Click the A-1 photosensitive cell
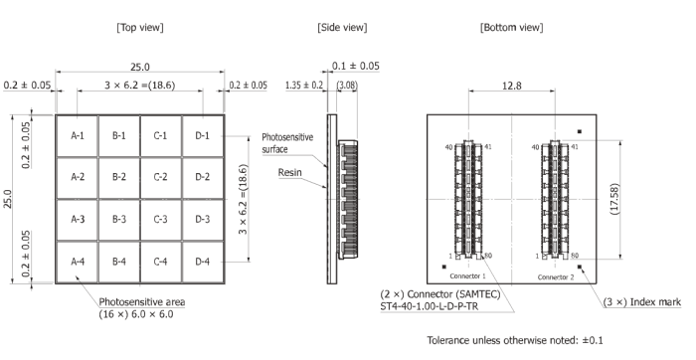78,136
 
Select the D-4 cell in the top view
203,262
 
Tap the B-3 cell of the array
119,220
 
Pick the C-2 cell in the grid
161,177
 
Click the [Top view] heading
140,28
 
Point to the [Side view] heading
342,28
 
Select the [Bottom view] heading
511,28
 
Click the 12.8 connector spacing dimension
511,86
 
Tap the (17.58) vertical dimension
614,199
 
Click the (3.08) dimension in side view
347,85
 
